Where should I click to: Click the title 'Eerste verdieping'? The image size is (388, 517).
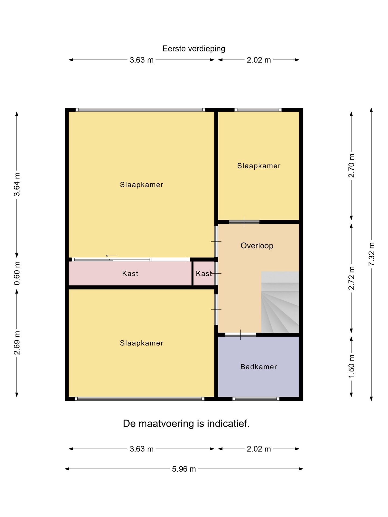pyautogui.click(x=194, y=49)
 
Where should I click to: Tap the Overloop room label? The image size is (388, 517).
pyautogui.click(x=257, y=246)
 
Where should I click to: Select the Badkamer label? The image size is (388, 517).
pyautogui.click(x=258, y=367)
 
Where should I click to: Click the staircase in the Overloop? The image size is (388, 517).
pyautogui.click(x=280, y=303)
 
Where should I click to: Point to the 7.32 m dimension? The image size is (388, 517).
pyautogui.click(x=372, y=254)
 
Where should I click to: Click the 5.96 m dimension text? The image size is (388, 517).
pyautogui.click(x=184, y=469)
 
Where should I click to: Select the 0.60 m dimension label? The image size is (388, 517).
pyautogui.click(x=17, y=273)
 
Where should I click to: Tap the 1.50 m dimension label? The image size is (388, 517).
pyautogui.click(x=352, y=366)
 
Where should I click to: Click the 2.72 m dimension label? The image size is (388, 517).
pyautogui.click(x=352, y=278)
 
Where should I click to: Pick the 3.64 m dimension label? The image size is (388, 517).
pyautogui.click(x=17, y=184)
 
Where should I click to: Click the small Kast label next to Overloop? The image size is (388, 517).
pyautogui.click(x=204, y=274)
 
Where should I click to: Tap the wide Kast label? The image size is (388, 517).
pyautogui.click(x=130, y=274)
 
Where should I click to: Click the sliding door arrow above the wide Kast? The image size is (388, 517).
pyautogui.click(x=112, y=256)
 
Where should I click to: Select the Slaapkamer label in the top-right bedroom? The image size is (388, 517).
pyautogui.click(x=259, y=166)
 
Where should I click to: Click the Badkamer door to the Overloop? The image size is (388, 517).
pyautogui.click(x=241, y=335)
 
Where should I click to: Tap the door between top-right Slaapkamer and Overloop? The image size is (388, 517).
pyautogui.click(x=244, y=222)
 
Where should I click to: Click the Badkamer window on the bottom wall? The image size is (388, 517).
pyautogui.click(x=256, y=399)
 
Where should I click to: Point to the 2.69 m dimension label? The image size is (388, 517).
pyautogui.click(x=17, y=343)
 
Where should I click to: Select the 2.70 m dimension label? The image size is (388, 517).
pyautogui.click(x=352, y=166)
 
